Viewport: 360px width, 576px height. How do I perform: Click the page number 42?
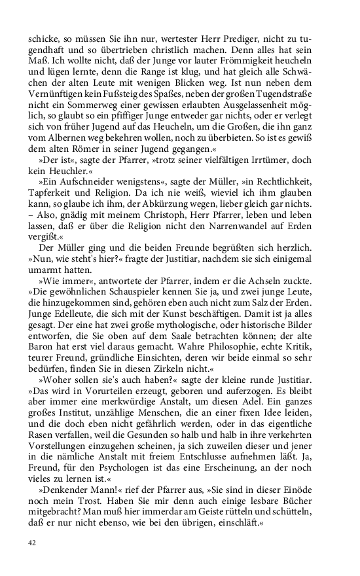(32, 543)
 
